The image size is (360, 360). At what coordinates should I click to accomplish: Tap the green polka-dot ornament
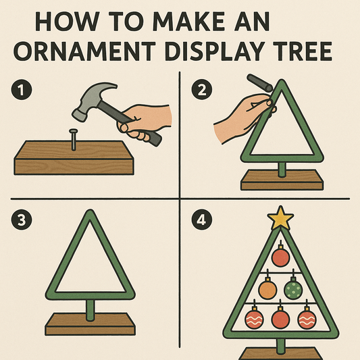tap(293, 290)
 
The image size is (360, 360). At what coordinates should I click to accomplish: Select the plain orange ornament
tap(268, 290)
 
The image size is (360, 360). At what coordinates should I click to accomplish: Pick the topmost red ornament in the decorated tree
tap(280, 257)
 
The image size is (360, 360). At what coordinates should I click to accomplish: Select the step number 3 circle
tap(22, 220)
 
